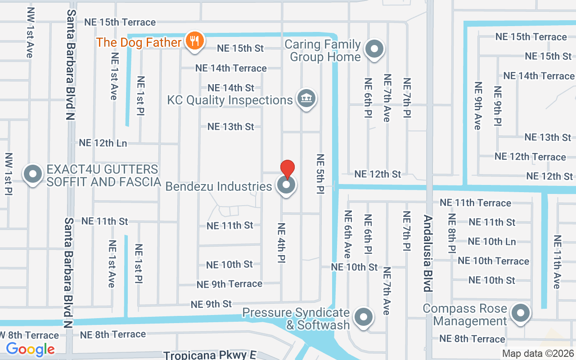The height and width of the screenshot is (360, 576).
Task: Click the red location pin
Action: [288, 169]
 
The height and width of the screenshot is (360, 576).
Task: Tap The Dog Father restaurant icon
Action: [194, 41]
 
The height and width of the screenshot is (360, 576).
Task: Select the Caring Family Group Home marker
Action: [373, 49]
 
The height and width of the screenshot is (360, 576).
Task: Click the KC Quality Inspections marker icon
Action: [306, 99]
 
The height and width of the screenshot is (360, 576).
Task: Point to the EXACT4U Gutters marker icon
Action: [32, 175]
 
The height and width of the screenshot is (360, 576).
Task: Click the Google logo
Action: [30, 349]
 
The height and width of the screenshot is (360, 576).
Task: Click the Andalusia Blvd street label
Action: [427, 253]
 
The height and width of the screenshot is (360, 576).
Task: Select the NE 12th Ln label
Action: [103, 143]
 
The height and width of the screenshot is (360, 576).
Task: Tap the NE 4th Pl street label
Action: [281, 243]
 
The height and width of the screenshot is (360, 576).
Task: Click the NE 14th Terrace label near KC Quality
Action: [231, 68]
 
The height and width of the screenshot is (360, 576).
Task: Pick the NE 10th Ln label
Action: [492, 242]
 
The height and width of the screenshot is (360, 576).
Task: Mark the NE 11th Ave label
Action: [557, 262]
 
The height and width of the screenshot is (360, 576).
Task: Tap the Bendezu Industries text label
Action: [219, 186]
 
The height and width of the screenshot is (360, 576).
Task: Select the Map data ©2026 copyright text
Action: [538, 354]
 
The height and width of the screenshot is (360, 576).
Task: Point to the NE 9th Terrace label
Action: [229, 284]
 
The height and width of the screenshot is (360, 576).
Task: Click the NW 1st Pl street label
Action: [8, 174]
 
